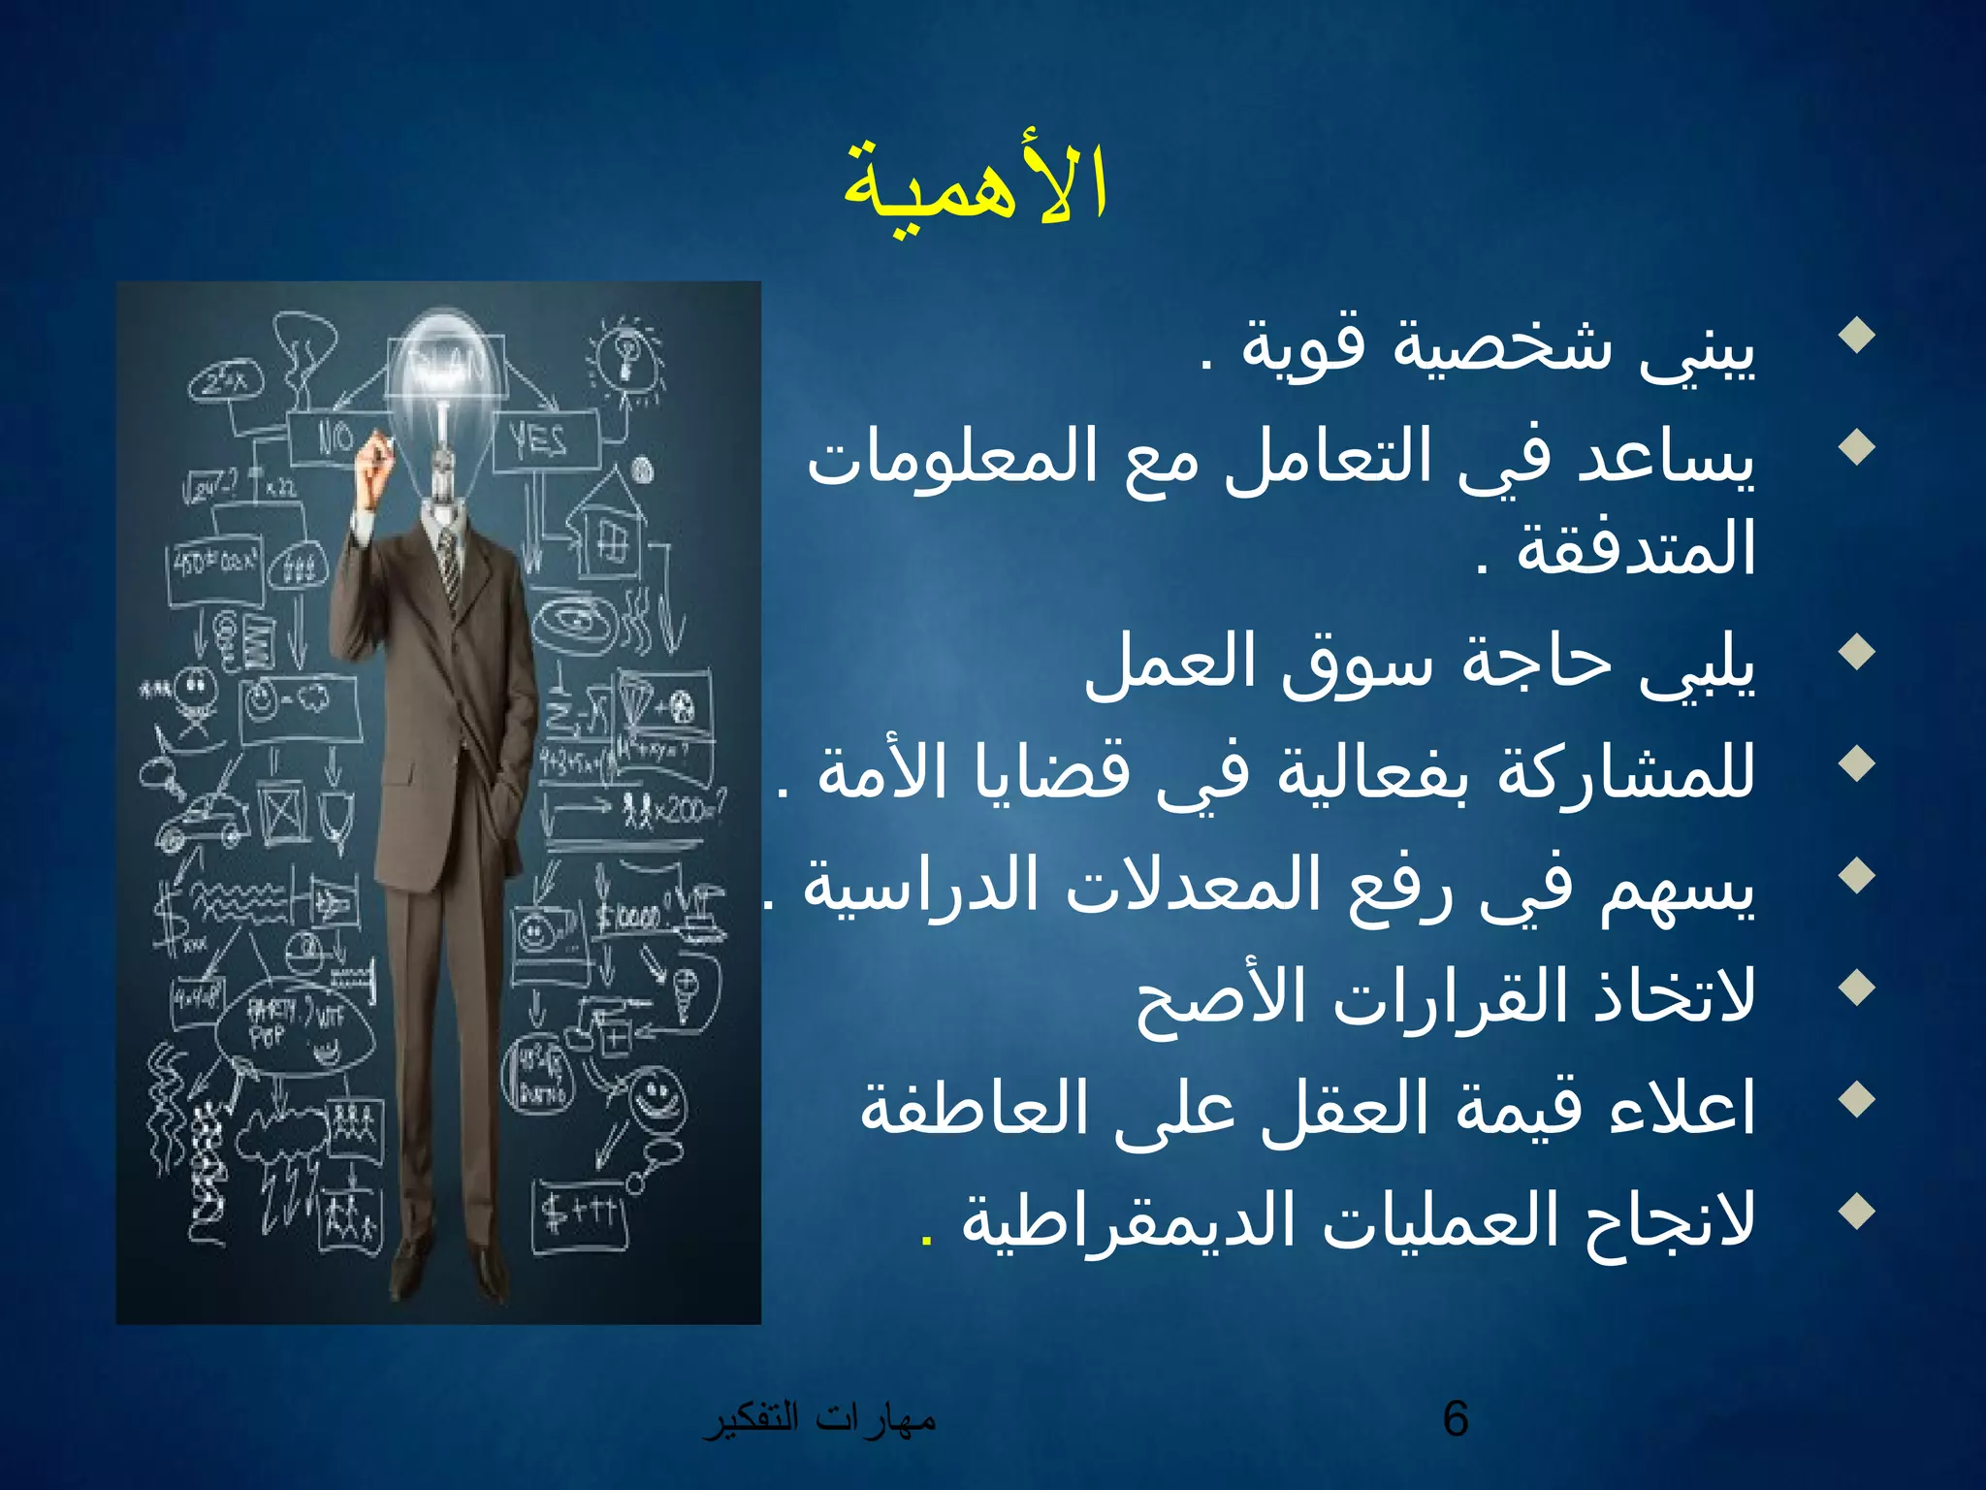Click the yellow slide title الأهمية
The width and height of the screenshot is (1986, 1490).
point(975,184)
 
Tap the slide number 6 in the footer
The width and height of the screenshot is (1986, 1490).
point(1455,1418)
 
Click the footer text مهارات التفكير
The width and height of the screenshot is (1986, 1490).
point(819,1418)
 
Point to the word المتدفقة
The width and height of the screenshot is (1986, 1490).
point(1635,549)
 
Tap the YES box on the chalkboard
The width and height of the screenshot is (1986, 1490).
point(542,442)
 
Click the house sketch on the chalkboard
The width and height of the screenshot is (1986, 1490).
point(606,529)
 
